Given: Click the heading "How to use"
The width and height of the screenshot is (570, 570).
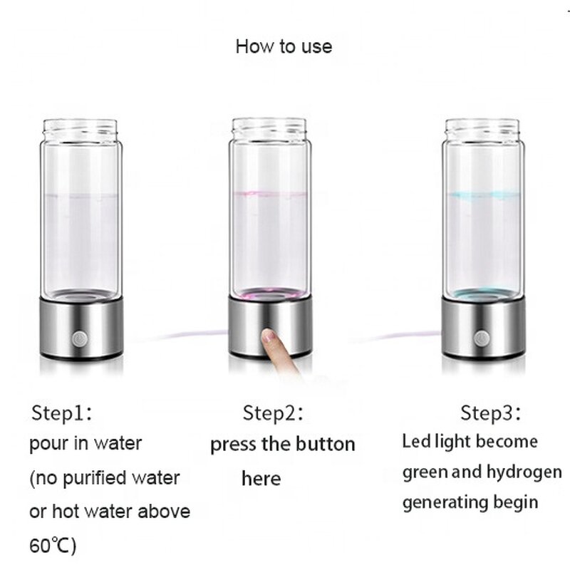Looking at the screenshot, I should click(x=284, y=47).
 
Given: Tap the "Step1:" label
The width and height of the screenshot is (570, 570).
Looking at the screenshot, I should click(x=63, y=413).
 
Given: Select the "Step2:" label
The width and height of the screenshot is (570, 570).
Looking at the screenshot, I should click(x=274, y=413).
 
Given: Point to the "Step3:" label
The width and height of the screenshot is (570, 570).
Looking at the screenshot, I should click(x=490, y=413).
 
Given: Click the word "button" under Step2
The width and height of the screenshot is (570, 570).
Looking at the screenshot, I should click(x=323, y=445).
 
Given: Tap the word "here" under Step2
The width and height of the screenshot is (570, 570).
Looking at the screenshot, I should click(x=261, y=478).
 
